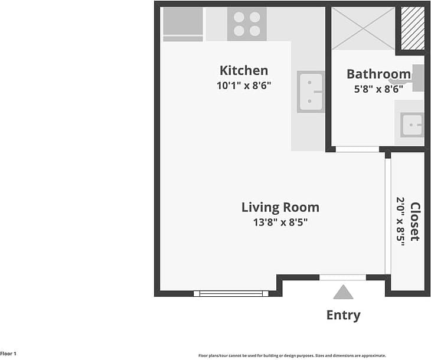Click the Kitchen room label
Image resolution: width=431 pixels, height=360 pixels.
[243, 70]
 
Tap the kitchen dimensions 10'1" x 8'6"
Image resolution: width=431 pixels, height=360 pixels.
[243, 85]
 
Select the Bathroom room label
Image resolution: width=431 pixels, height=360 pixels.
[378, 74]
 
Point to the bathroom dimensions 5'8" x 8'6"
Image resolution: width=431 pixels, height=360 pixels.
[378, 89]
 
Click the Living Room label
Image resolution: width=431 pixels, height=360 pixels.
[280, 207]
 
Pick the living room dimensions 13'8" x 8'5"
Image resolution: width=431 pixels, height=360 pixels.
[280, 222]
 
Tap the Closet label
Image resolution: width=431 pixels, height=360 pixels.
[415, 221]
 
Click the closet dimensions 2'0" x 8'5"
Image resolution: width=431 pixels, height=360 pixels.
[401, 221]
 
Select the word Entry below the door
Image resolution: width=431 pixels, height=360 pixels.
[343, 315]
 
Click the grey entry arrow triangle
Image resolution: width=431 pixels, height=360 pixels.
[343, 293]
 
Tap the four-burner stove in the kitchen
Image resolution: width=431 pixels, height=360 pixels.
[247, 24]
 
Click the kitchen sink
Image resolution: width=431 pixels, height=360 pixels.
[311, 92]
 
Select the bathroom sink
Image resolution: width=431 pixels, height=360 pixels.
[412, 125]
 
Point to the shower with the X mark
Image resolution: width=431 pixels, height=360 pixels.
[363, 28]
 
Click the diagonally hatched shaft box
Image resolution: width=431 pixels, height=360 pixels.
[413, 28]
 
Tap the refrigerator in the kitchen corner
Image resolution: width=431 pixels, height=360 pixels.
[183, 24]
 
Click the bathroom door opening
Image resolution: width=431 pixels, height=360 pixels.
[357, 149]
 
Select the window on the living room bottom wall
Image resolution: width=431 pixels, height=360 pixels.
[231, 293]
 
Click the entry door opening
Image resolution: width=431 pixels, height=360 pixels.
[342, 277]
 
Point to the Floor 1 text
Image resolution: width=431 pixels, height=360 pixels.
[8, 354]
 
